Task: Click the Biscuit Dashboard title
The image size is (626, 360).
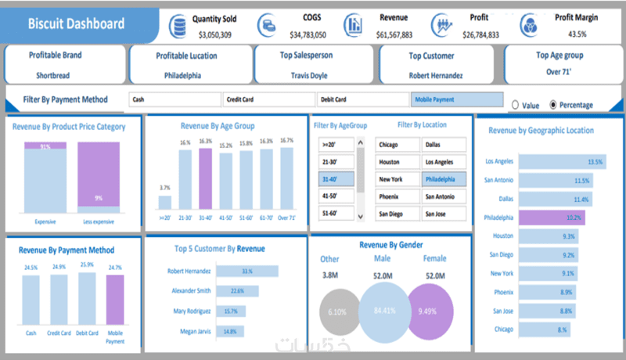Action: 76,23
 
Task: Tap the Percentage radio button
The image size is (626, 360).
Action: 555,105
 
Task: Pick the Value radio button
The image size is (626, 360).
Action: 515,105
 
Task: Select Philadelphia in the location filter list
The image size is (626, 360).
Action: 444,179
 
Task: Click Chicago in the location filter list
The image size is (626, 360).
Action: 398,145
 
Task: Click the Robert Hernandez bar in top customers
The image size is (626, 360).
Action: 246,272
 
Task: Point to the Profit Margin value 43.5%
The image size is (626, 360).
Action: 576,34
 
